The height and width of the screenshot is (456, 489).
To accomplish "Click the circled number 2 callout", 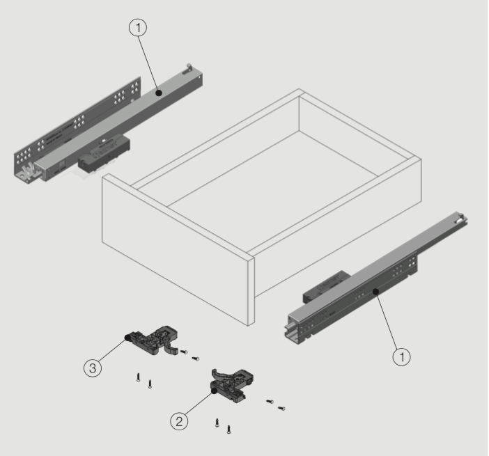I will coord(180,420).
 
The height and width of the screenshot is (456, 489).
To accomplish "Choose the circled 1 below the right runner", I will coord(401,356).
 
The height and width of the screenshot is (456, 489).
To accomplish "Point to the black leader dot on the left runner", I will coord(160,91).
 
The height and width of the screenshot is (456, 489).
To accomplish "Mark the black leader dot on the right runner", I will coord(374,292).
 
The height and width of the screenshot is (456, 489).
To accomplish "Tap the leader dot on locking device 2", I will coord(213,393).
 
